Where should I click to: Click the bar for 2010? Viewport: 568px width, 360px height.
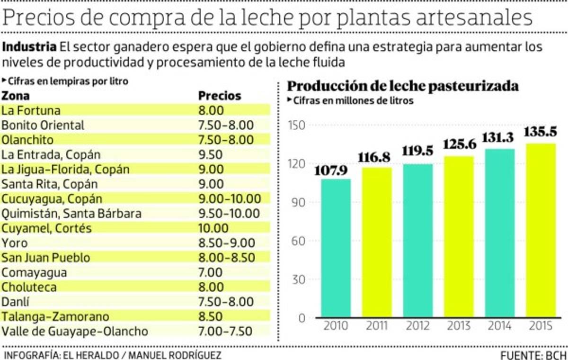pos(336,248)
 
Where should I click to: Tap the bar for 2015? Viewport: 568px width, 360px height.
pos(541,230)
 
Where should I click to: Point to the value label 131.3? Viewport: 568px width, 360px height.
pos(499,137)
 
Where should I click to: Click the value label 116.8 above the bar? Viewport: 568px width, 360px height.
pos(377,157)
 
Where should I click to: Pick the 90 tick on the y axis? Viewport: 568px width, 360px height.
pos(297,202)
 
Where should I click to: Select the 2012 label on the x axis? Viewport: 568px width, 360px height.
pos(417,326)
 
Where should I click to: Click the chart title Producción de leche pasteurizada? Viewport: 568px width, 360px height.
pos(403,86)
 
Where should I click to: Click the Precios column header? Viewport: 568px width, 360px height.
pos(220,96)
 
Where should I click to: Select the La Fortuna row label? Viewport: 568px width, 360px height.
pos(31,110)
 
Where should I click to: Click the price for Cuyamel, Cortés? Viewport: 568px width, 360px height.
pos(214,228)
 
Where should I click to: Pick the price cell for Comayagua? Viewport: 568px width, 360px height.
pos(210,272)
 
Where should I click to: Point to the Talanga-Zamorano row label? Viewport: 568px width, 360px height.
pos(55,316)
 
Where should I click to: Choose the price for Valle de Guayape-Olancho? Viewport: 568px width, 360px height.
pos(225,331)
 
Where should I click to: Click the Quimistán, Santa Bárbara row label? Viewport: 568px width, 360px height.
pos(71,214)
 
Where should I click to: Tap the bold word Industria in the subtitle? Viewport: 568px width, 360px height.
pos(30,48)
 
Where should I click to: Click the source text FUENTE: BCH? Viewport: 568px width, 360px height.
pos(533,355)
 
